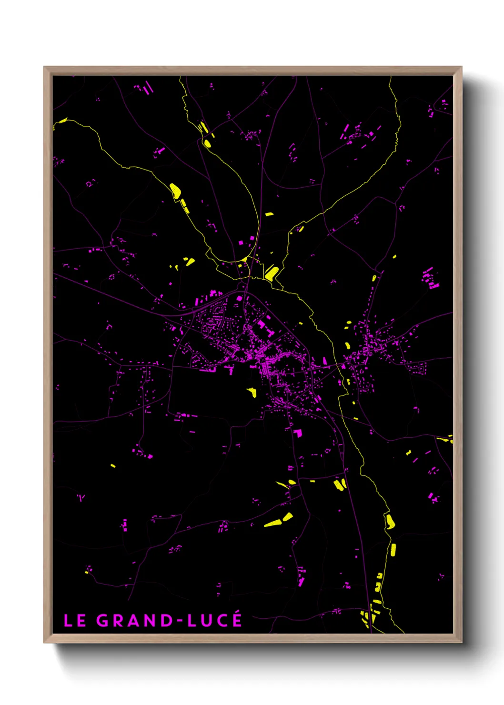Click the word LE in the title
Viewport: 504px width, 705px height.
coord(75,621)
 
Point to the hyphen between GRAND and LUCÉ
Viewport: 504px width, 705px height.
coord(180,621)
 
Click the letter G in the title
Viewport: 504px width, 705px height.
coord(103,621)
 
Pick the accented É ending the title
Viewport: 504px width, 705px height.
coord(237,619)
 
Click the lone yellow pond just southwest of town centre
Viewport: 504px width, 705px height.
coord(252,393)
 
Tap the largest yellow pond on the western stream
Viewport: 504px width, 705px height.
coord(175,191)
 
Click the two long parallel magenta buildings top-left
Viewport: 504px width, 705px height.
coord(148,88)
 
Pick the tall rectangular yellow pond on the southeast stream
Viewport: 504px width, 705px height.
coord(393,550)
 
